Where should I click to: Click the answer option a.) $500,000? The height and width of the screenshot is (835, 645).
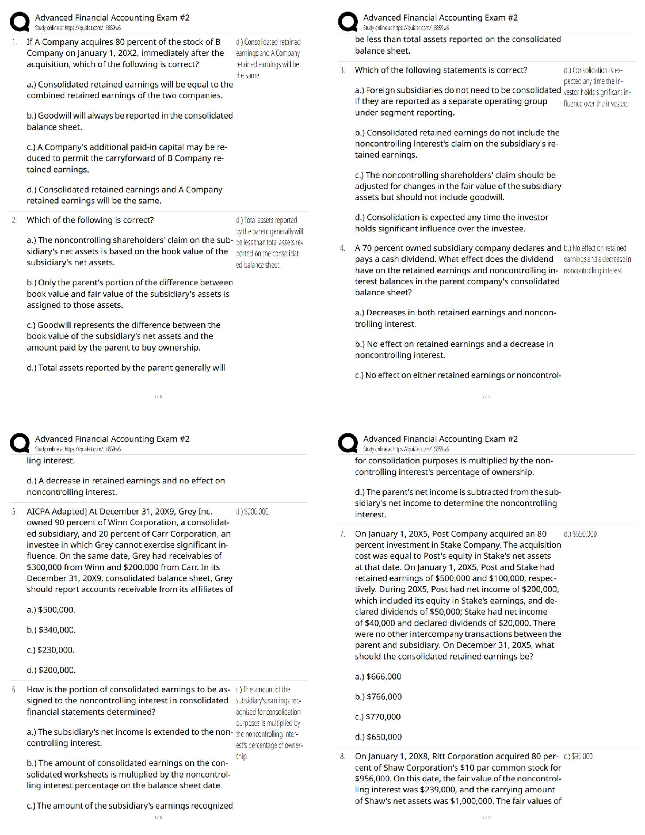51,610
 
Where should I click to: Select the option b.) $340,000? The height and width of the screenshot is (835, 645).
51,630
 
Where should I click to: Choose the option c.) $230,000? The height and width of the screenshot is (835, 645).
51,650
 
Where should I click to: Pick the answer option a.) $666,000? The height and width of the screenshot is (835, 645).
378,677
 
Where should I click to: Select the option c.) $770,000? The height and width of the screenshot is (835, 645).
378,717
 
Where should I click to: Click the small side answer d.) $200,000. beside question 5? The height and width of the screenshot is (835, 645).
253,511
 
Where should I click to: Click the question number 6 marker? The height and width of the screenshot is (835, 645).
14,690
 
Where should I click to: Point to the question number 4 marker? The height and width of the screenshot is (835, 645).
343,248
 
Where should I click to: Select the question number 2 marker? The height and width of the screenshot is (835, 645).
14,220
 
